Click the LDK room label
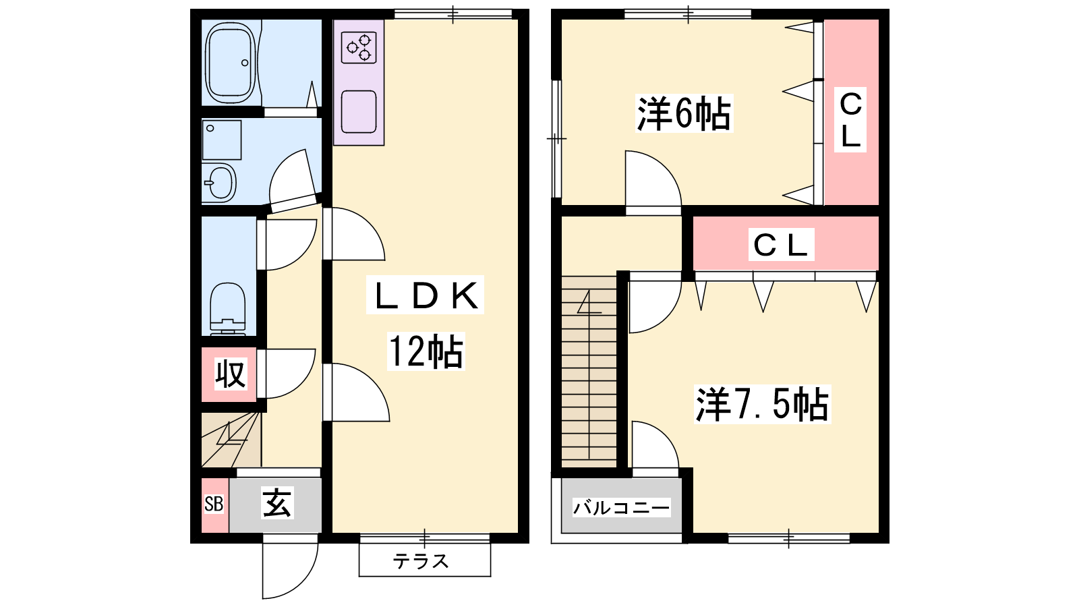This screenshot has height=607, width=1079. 425,295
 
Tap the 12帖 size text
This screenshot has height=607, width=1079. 426,351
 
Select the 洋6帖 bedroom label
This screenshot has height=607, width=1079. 684,114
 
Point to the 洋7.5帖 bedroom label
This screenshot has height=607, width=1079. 763,405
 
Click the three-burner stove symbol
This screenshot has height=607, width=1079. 359,48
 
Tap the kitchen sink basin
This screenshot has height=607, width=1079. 359,112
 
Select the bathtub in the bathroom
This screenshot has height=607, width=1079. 230,63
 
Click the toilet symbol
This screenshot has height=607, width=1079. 228,309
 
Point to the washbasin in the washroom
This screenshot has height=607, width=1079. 219,183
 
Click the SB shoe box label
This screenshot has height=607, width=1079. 214,504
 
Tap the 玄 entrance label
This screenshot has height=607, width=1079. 276,502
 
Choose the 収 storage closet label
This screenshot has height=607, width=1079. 230,374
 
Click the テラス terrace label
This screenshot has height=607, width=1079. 421,561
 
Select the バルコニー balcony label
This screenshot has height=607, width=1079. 621,508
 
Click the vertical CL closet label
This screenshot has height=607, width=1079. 850,120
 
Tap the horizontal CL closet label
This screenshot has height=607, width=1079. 781,245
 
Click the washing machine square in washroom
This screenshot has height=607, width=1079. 222,140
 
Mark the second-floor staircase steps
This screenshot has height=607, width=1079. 589,371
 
